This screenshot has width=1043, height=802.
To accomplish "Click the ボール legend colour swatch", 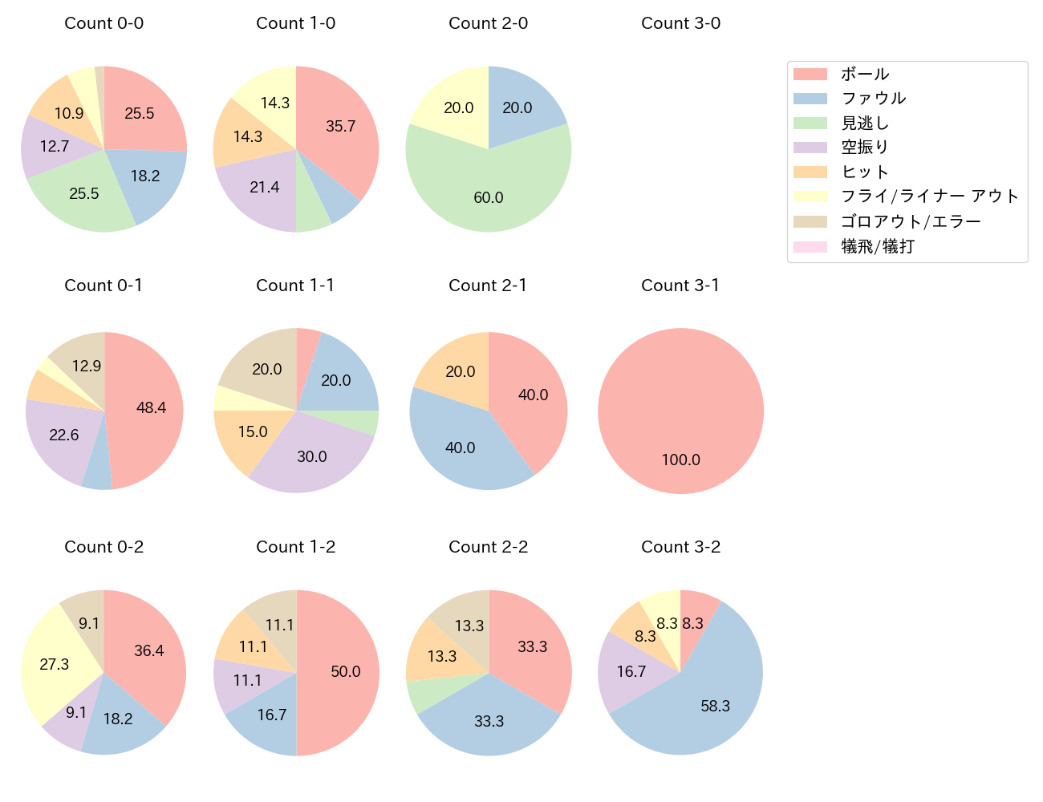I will [810, 75].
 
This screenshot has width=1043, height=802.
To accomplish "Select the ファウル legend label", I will [874, 99].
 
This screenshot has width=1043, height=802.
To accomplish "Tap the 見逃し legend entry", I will [865, 124].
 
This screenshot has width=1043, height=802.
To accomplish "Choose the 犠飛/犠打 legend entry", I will [878, 246].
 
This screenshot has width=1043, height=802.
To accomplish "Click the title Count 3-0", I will [680, 23].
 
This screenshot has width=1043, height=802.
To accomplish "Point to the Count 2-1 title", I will [488, 286].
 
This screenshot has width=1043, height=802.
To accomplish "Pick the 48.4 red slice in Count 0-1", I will [148, 407].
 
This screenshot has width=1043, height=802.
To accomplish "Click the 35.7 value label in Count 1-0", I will [341, 127].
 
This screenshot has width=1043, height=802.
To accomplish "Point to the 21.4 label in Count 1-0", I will [264, 187].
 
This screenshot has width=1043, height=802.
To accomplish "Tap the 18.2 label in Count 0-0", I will [145, 176].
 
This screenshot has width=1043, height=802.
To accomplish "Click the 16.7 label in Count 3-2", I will [631, 671].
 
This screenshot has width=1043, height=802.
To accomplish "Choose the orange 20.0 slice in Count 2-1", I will [457, 369].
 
